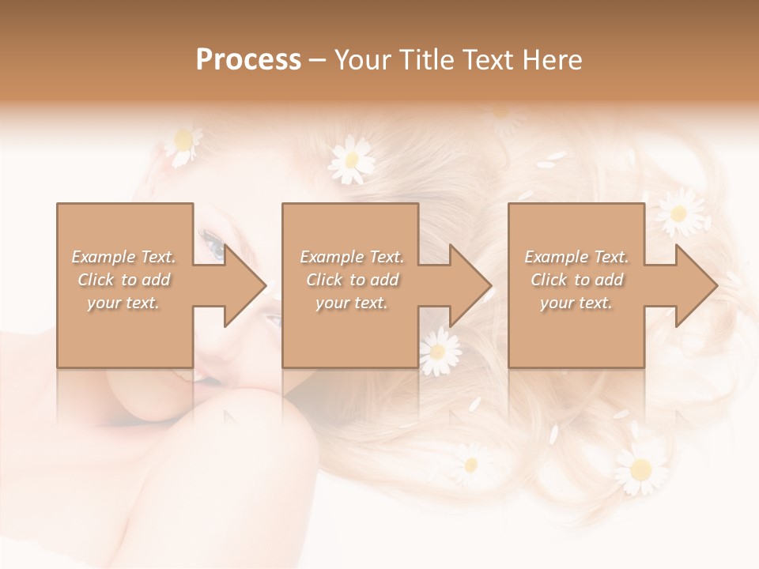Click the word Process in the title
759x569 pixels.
(248, 60)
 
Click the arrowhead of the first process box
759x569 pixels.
(244, 285)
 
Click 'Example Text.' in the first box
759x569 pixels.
(123, 257)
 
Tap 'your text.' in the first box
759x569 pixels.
(123, 303)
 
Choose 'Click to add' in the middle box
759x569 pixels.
(352, 280)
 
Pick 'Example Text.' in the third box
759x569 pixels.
(576, 257)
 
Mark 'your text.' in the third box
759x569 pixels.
(576, 303)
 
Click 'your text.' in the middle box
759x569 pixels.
(352, 303)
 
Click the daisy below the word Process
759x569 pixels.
(352, 160)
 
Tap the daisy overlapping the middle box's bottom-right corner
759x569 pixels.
(440, 351)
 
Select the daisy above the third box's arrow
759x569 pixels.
(678, 212)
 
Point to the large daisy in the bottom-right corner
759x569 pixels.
(640, 468)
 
